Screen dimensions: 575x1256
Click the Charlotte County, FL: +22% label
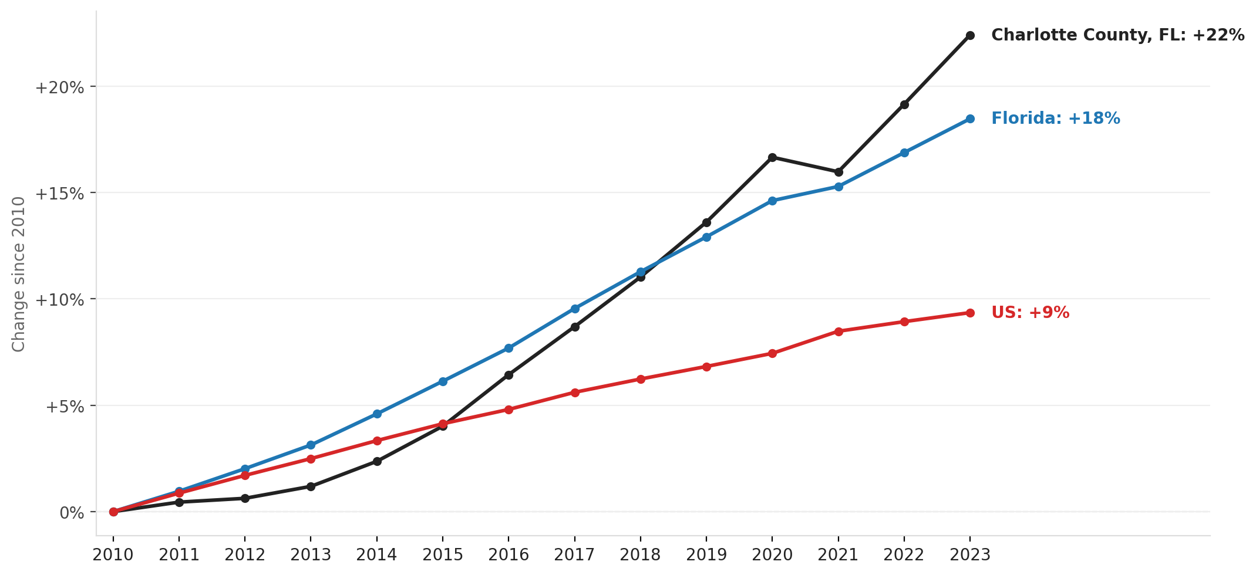(1117, 35)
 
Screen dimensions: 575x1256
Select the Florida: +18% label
(1055, 119)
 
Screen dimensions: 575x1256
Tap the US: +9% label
(1030, 313)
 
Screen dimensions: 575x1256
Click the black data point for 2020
(772, 157)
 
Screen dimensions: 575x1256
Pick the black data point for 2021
(839, 172)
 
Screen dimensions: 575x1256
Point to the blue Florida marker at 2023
(970, 119)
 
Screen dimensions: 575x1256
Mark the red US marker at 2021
(839, 332)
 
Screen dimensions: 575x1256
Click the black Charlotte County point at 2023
(970, 35)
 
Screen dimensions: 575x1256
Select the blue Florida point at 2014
(377, 414)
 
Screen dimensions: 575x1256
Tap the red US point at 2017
(575, 393)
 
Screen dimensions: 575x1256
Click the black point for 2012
(245, 498)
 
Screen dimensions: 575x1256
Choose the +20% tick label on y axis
(59, 88)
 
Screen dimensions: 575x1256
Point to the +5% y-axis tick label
(65, 407)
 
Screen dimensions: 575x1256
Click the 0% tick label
(72, 513)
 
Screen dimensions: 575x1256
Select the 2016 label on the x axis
(509, 555)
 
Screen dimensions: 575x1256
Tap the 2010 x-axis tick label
(113, 555)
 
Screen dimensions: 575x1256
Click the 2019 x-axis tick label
(706, 555)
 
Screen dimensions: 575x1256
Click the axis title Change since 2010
(19, 274)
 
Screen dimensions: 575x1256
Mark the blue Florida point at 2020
(772, 201)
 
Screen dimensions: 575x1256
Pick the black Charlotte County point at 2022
(904, 104)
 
